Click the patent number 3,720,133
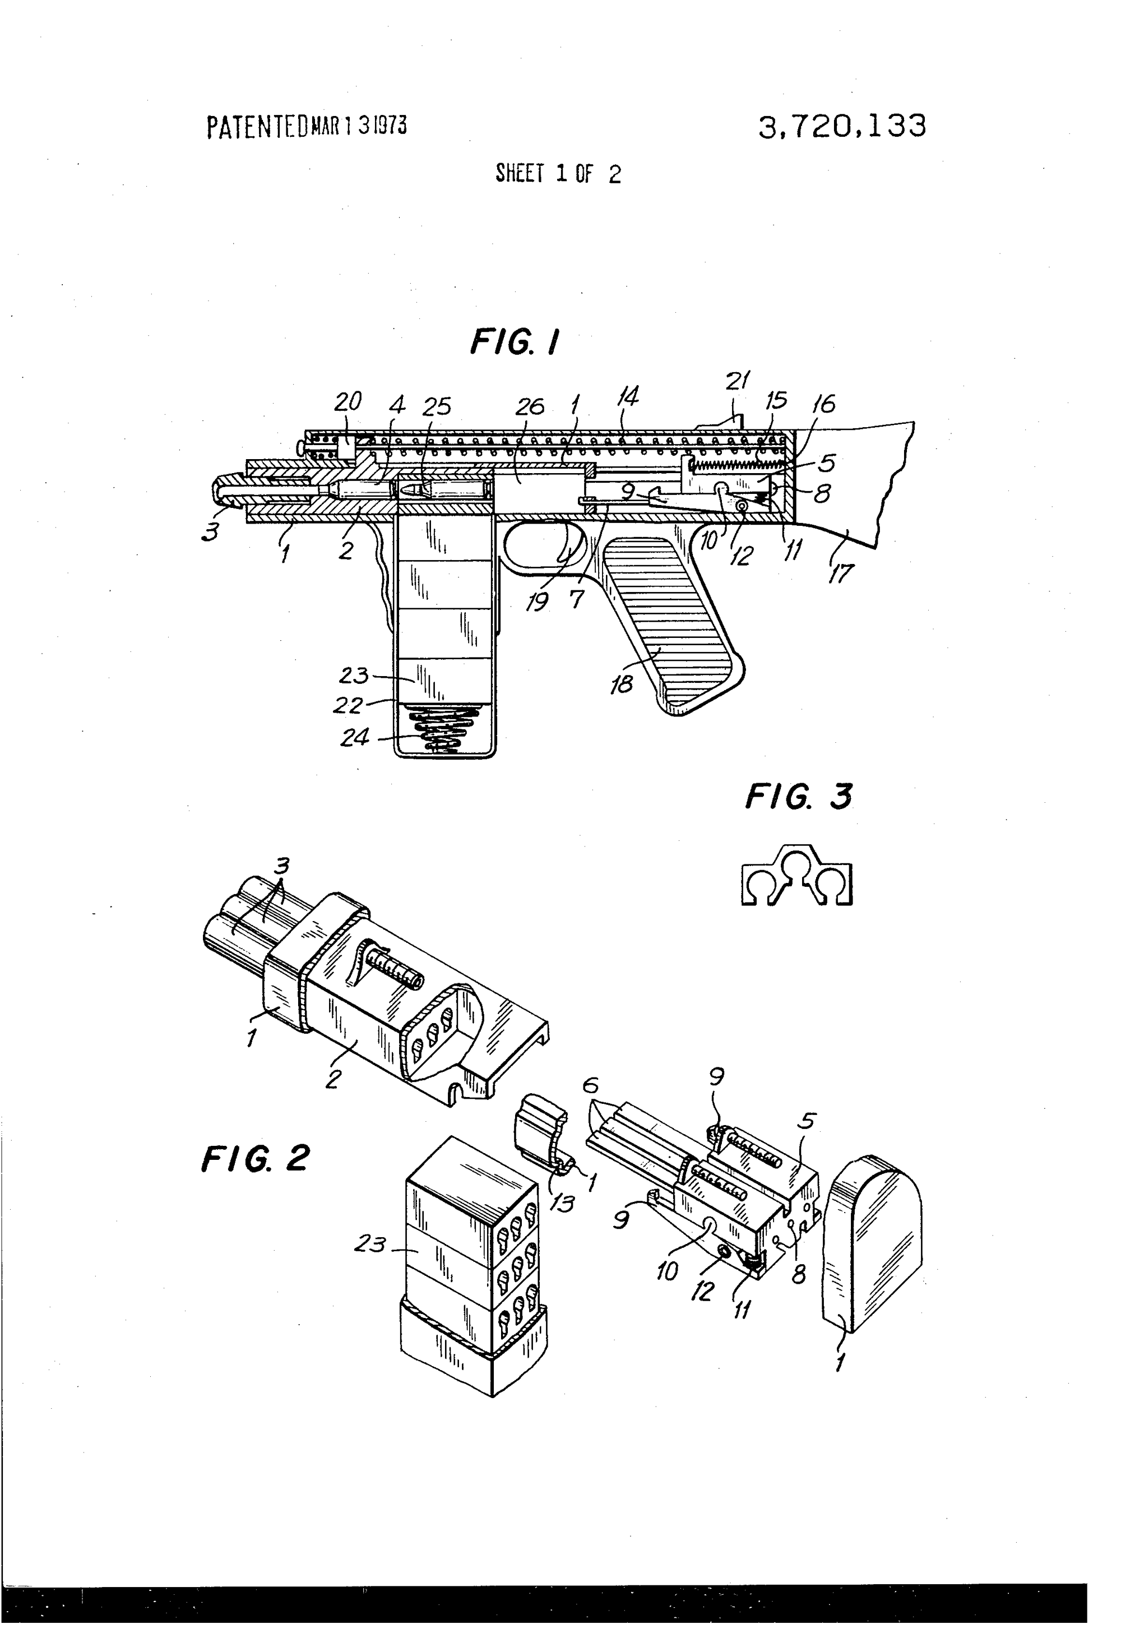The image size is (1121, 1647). (x=841, y=127)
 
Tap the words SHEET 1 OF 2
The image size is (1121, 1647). (x=558, y=174)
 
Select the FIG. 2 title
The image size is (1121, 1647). (x=256, y=1159)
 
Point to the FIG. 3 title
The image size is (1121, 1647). (x=798, y=797)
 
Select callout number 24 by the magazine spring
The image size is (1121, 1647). (x=354, y=738)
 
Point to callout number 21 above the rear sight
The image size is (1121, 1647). (x=737, y=381)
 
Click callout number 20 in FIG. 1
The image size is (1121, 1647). (x=348, y=401)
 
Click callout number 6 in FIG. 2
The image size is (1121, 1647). (x=590, y=1086)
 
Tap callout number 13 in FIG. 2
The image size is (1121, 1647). (x=562, y=1202)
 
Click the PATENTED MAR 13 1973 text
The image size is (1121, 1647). (x=306, y=127)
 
